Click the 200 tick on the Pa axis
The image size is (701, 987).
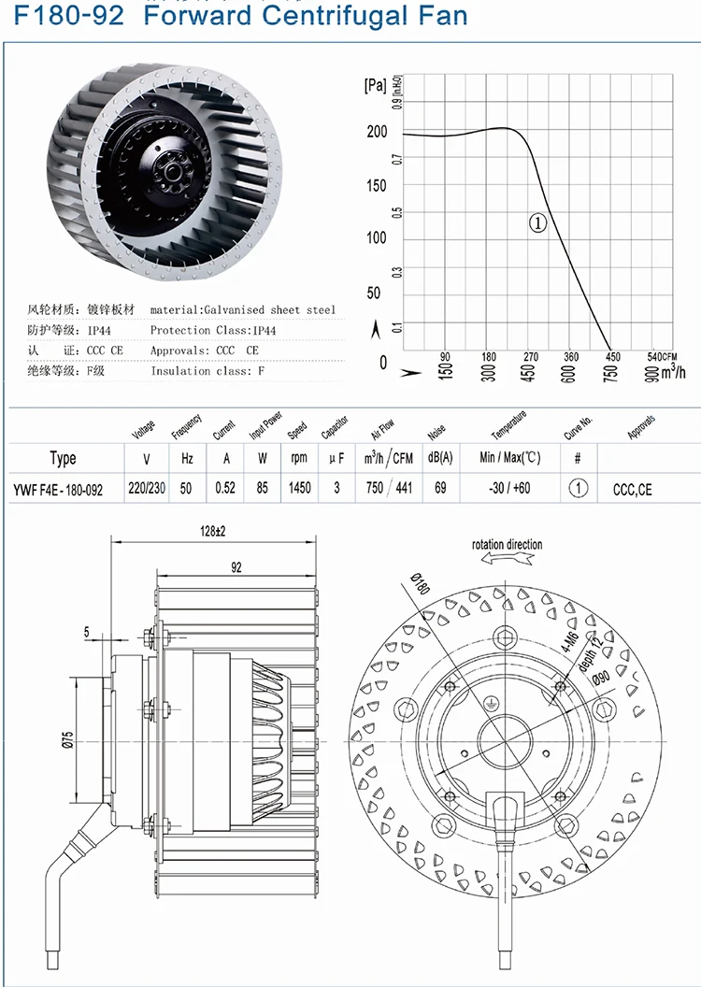pos(377,132)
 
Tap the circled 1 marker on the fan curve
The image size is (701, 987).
pos(538,222)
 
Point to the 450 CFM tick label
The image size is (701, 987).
pos(612,357)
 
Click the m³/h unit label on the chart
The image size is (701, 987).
pos(672,373)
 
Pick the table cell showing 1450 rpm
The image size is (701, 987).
pos(299,489)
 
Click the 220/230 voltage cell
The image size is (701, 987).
pos(147,489)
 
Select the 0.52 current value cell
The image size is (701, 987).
pos(224,489)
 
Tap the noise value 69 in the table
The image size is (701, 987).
pos(439,489)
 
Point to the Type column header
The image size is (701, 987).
pos(63,459)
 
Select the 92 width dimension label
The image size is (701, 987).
pos(235,565)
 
